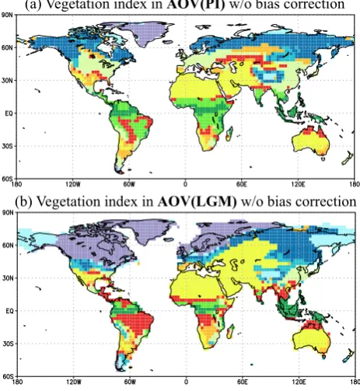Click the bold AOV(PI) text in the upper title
(x=195, y=5)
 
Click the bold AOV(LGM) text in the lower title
(x=197, y=202)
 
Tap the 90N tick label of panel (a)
(x=7, y=16)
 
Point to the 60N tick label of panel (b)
(x=7, y=245)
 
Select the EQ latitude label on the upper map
(x=9, y=113)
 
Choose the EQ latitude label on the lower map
(x=9, y=311)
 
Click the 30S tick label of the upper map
(x=7, y=146)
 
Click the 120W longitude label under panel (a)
(x=73, y=184)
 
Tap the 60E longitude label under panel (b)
(x=243, y=382)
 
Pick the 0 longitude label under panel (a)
(x=185, y=184)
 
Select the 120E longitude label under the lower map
(x=299, y=382)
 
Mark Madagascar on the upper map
(x=229, y=134)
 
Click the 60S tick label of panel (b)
(x=7, y=376)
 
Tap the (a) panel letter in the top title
(x=33, y=5)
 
